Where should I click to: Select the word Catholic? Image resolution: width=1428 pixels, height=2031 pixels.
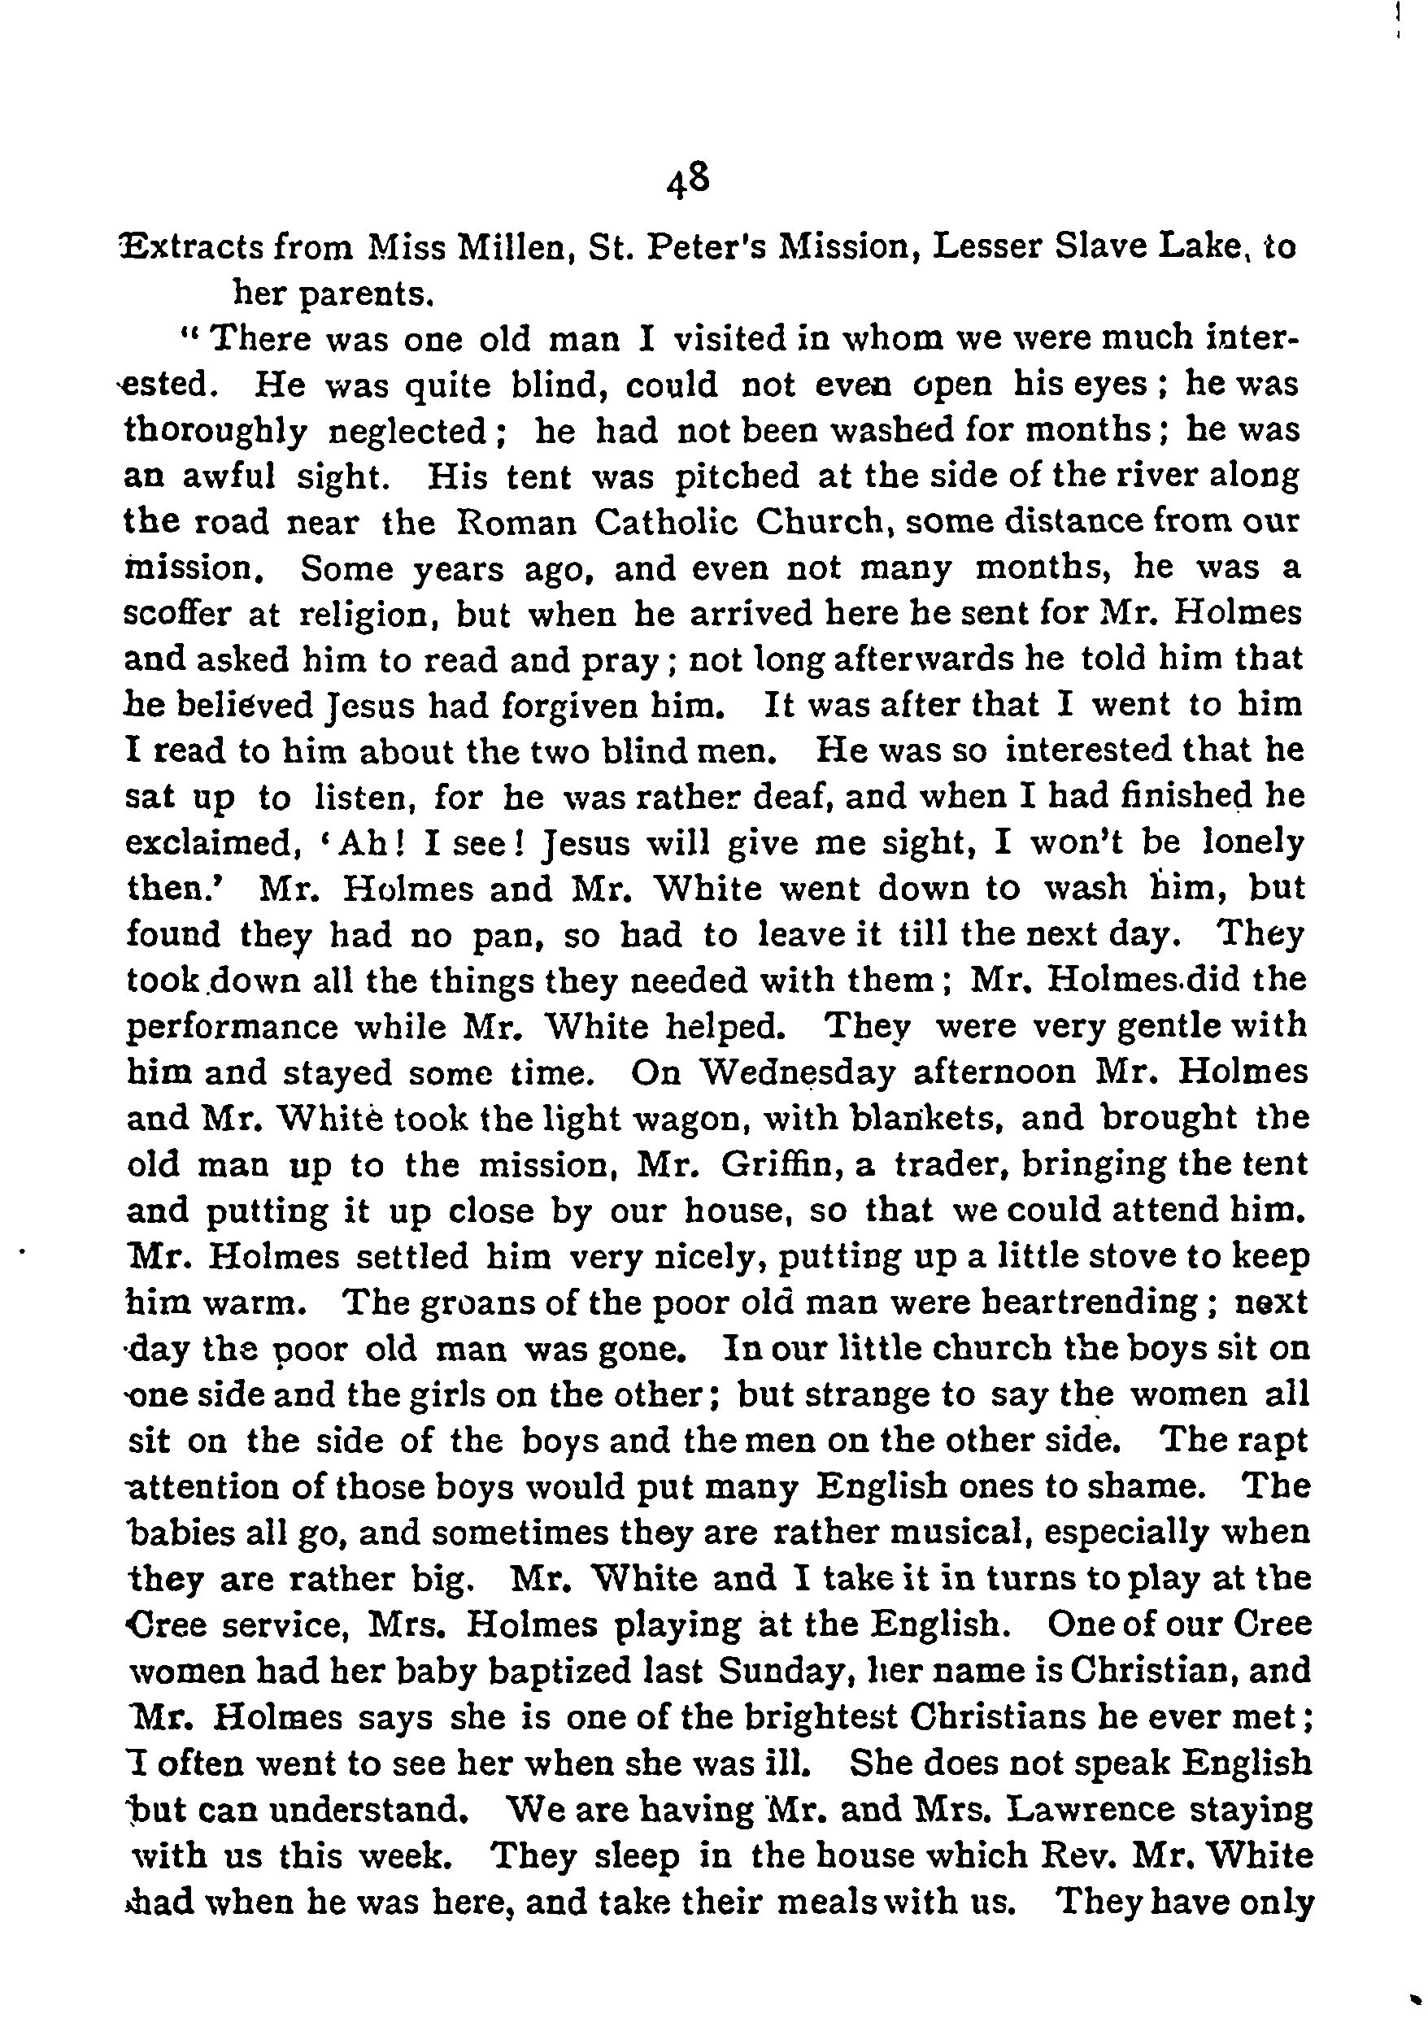click(x=667, y=523)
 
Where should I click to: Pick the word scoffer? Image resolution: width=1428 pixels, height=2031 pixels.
click(x=177, y=615)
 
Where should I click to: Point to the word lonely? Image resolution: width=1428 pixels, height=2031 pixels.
click(x=1254, y=843)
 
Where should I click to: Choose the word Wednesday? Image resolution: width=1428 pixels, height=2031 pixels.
click(x=797, y=1073)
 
